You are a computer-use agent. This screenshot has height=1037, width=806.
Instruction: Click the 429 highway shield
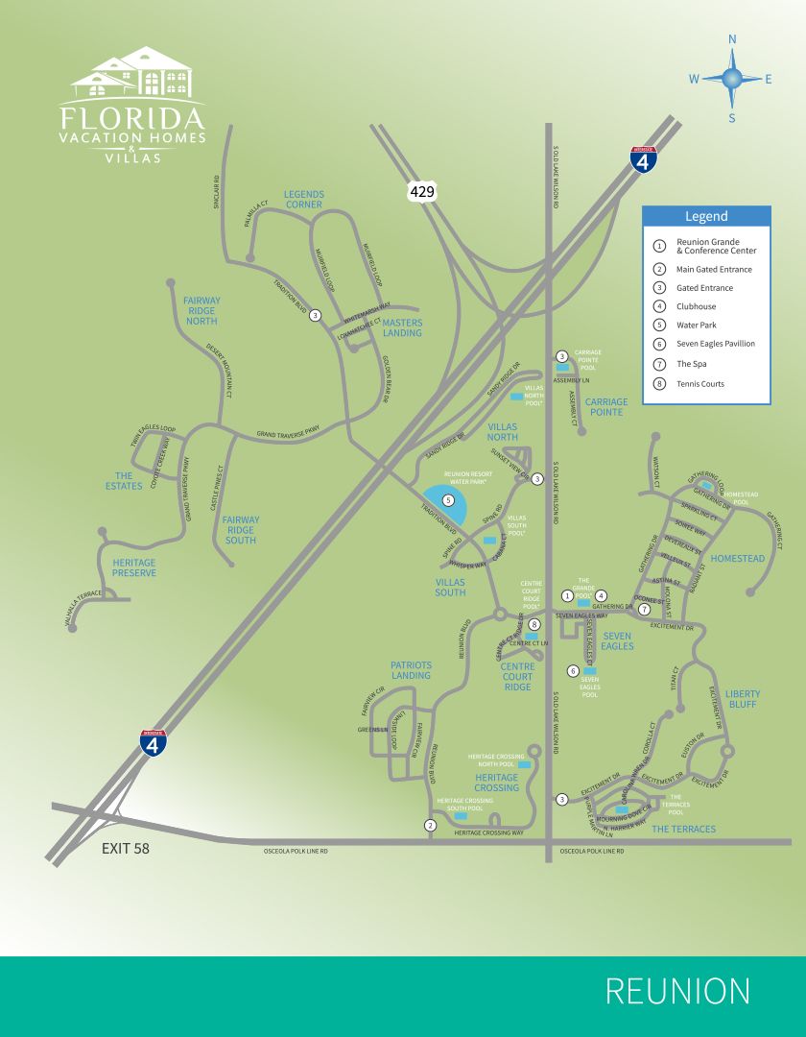(422, 192)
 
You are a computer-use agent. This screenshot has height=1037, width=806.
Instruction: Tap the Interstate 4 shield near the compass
(644, 159)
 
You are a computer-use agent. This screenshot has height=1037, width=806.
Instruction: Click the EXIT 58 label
(126, 849)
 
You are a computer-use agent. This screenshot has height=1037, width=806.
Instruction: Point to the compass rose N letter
(732, 40)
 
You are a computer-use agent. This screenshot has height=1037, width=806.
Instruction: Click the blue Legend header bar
(705, 216)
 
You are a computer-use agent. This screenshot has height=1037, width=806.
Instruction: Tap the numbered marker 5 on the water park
(448, 500)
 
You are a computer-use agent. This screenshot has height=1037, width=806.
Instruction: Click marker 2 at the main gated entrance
(431, 825)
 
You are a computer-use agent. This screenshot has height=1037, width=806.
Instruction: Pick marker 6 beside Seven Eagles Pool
(574, 670)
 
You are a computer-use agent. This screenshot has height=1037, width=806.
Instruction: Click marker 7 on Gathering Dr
(645, 609)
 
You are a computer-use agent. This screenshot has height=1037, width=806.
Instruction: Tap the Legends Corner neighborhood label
(303, 200)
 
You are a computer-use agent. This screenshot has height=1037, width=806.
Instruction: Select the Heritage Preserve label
(133, 567)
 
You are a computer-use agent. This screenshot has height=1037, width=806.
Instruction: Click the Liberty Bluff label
(742, 698)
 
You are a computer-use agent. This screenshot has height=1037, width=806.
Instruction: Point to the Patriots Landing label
(411, 669)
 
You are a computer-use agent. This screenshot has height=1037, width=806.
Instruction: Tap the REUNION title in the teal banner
(677, 991)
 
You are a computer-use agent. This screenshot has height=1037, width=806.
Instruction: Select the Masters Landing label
(402, 327)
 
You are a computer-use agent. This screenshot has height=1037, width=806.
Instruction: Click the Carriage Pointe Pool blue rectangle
(562, 367)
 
